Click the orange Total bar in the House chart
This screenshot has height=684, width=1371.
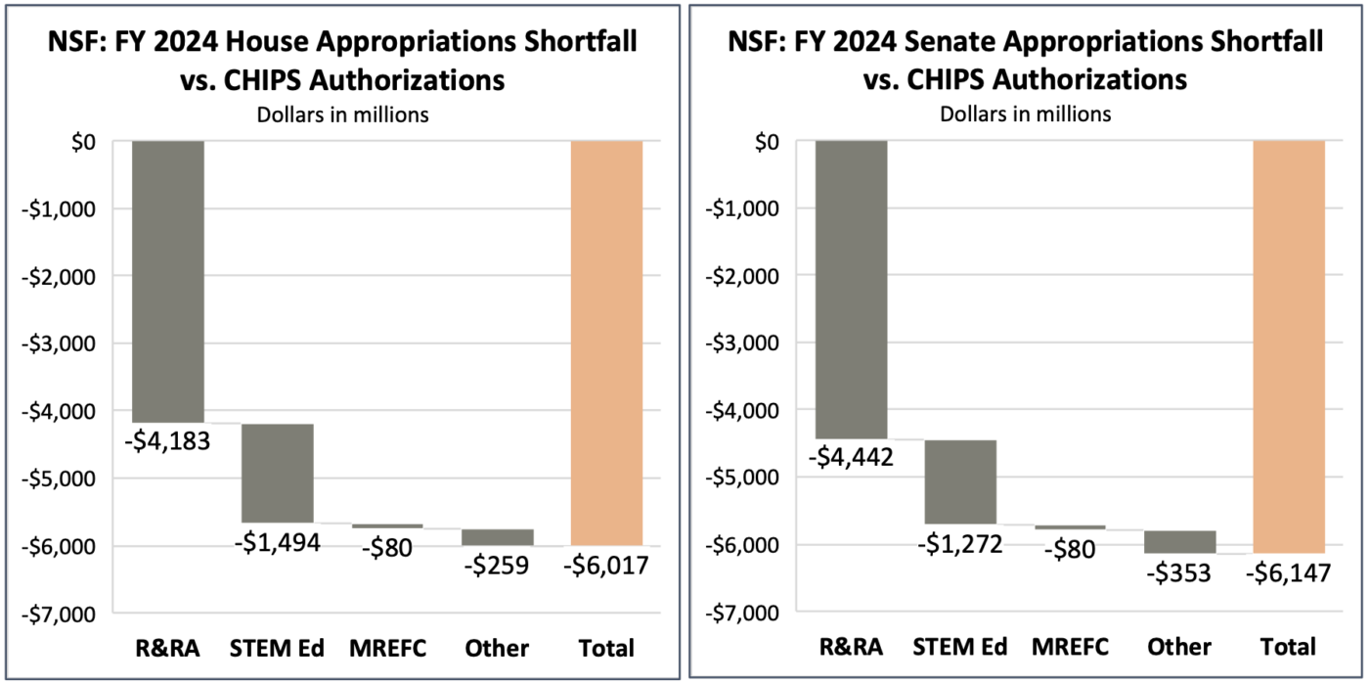tap(607, 342)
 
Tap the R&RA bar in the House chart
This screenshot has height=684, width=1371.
tap(169, 281)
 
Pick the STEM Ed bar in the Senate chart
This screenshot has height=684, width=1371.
tap(960, 481)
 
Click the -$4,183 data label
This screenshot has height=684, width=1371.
tap(167, 441)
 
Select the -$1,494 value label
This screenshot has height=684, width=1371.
tap(277, 542)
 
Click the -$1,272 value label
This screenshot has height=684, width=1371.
tap(959, 543)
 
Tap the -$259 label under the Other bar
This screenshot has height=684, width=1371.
tap(496, 565)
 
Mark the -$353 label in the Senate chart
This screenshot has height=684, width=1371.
tap(1178, 572)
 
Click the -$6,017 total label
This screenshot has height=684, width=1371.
tap(606, 565)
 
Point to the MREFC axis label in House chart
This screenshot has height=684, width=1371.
tap(388, 648)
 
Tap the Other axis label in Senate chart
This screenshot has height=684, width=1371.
tap(1179, 647)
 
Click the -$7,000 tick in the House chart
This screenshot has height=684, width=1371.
tap(63, 614)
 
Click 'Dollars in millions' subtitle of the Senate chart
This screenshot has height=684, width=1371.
tap(1025, 113)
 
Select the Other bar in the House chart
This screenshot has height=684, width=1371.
tap(498, 536)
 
